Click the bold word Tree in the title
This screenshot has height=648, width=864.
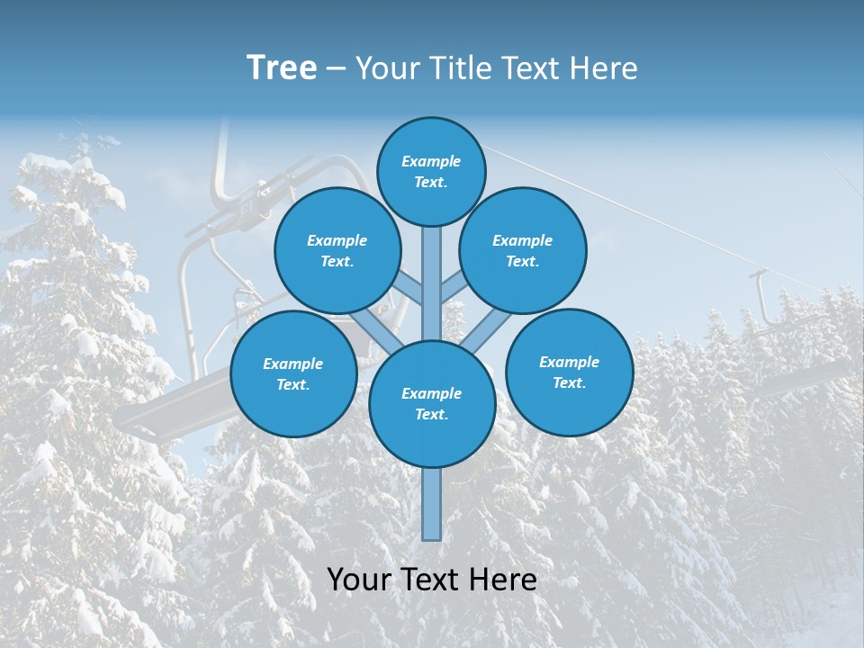[282, 68]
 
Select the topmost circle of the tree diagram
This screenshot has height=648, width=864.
[431, 171]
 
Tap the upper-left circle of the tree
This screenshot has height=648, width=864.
[337, 250]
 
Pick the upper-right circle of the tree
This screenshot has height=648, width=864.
[523, 250]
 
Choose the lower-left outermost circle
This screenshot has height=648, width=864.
[293, 373]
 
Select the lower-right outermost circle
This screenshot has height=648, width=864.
[570, 372]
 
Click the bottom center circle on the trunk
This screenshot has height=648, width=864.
[432, 404]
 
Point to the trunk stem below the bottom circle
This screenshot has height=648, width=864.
[432, 504]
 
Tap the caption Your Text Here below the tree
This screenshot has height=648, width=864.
[432, 580]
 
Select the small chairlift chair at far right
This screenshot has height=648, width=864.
[801, 369]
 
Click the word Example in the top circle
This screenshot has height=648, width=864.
[431, 161]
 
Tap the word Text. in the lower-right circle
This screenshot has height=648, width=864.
[569, 382]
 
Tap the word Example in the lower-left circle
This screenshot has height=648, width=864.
[293, 364]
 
